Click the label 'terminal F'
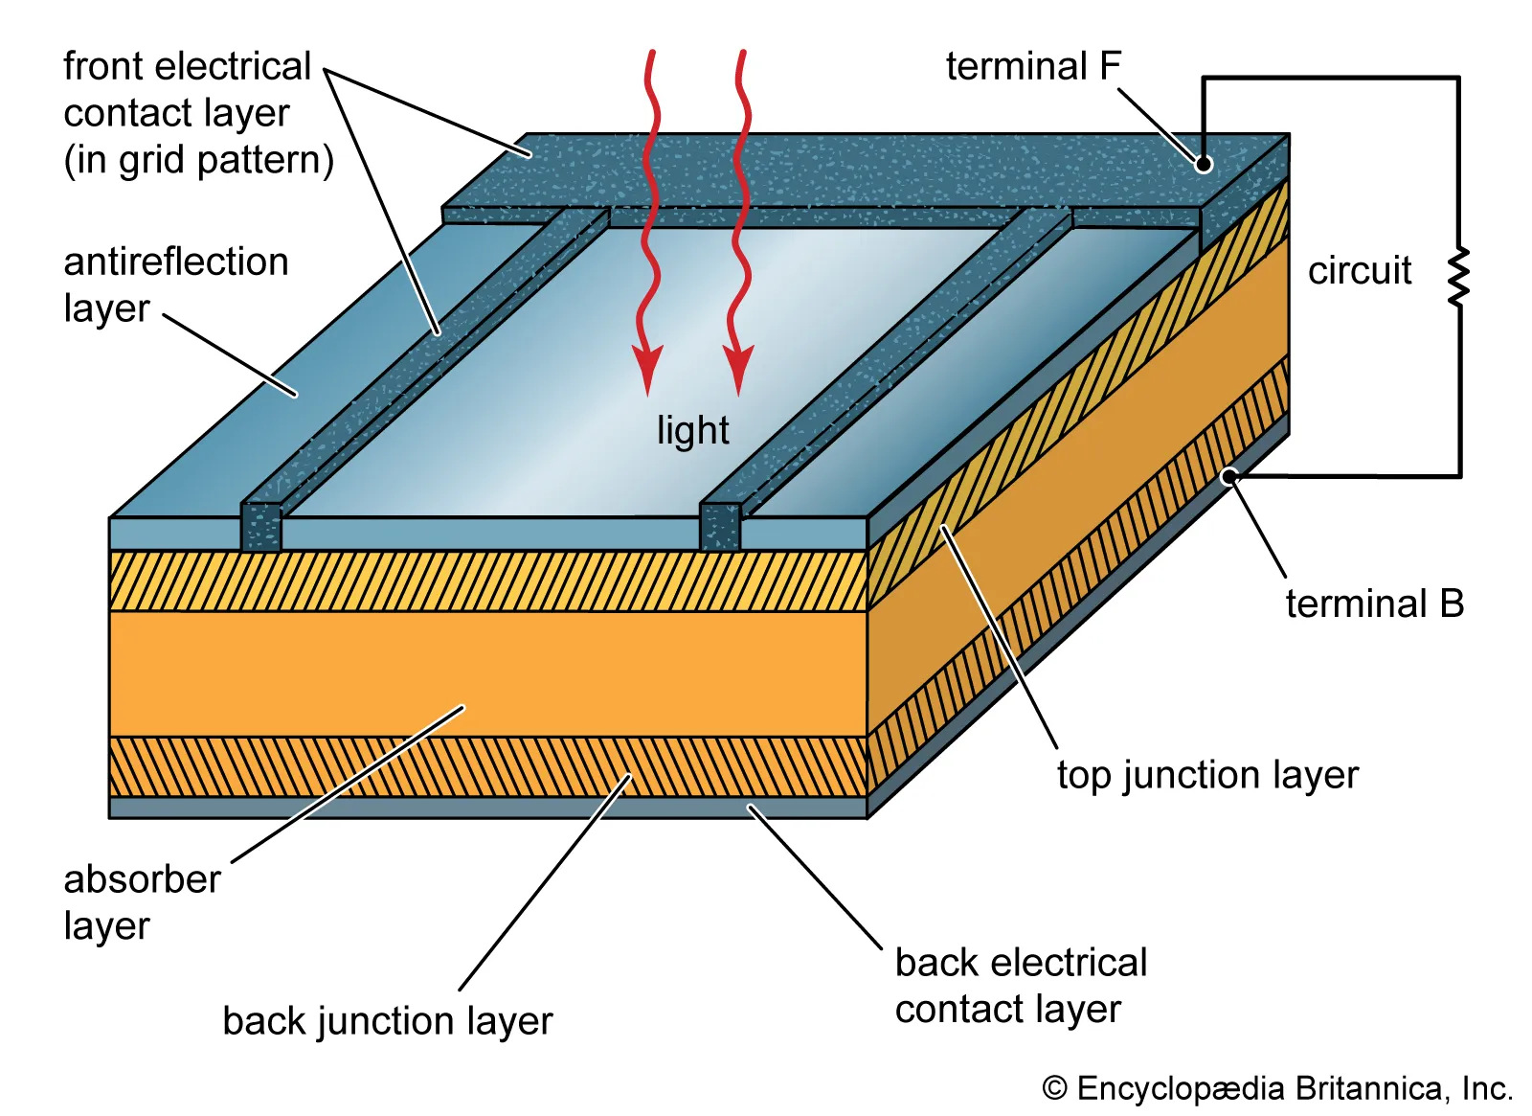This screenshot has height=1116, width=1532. [1032, 67]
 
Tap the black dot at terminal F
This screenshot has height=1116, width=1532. [1204, 164]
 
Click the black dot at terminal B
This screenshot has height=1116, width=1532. [1229, 476]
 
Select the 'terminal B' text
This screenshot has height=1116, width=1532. [1374, 604]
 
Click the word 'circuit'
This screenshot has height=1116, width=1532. [1359, 271]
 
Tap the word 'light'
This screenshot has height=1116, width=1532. [692, 430]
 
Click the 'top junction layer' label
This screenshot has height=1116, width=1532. [1206, 775]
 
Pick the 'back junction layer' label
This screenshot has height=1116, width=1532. [387, 1021]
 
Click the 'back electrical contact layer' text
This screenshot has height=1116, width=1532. [1020, 986]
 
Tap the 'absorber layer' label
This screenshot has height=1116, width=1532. [141, 901]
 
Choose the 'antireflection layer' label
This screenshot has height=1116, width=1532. [175, 285]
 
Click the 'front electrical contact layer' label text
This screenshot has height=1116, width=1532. [197, 113]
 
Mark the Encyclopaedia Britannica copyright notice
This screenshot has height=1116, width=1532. [1276, 1088]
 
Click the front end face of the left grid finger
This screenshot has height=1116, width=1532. [260, 527]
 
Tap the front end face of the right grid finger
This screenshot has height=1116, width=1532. [720, 527]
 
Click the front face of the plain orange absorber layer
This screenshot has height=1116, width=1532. [488, 673]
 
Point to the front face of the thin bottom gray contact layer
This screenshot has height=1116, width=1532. [488, 808]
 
